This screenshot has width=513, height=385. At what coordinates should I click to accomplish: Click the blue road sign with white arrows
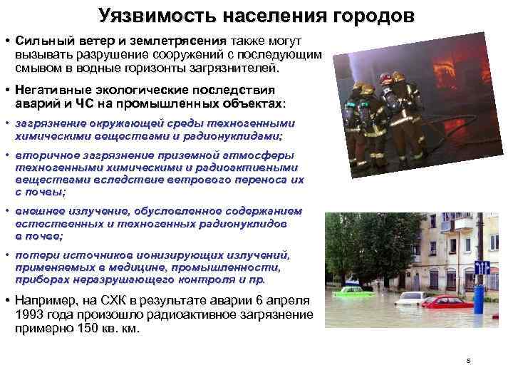click(x=482, y=267)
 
